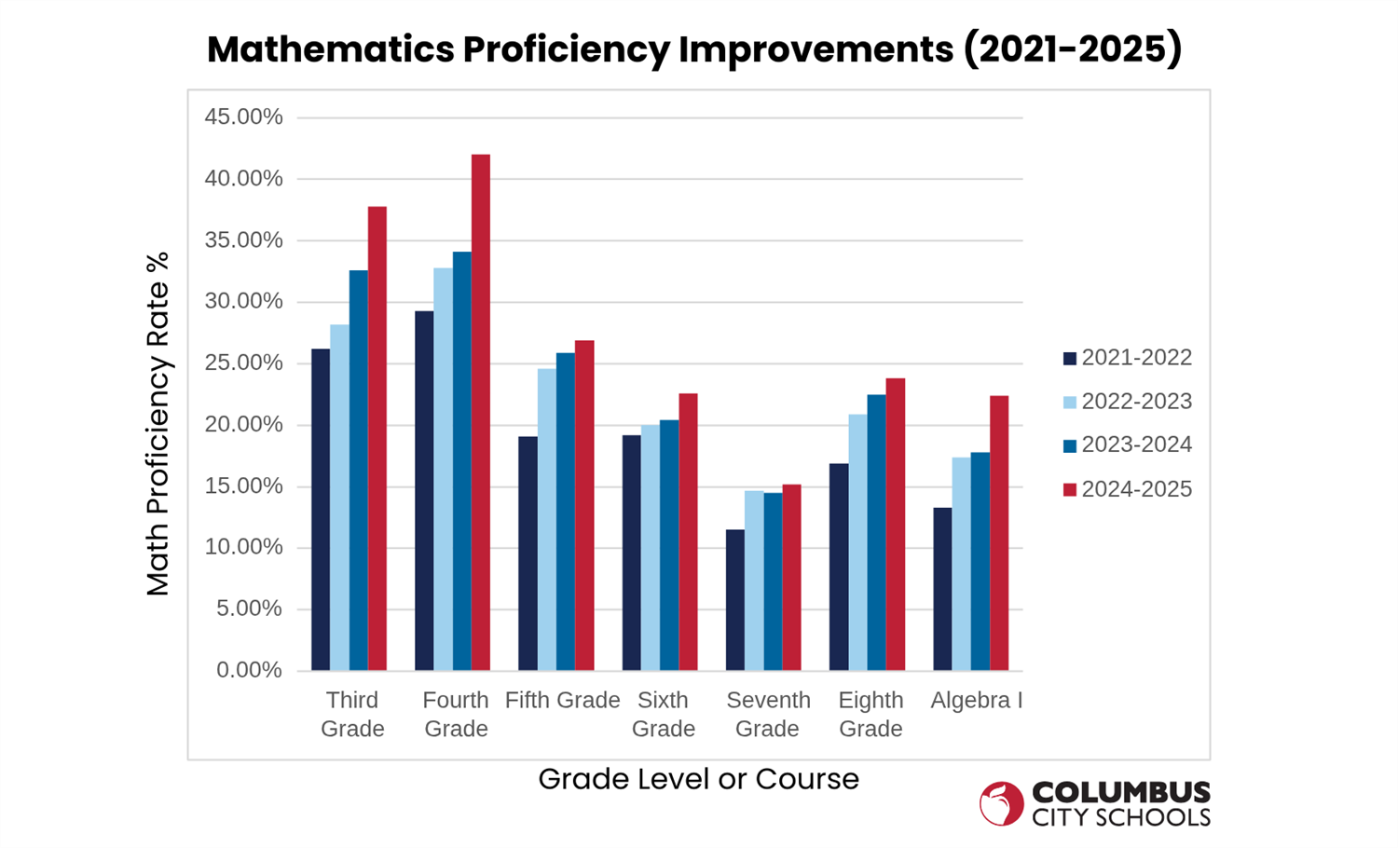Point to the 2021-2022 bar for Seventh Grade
[x=735, y=600]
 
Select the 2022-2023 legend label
[x=1136, y=402]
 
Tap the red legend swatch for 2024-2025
[x=1070, y=490]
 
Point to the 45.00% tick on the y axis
[x=243, y=117]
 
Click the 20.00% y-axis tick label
[x=243, y=425]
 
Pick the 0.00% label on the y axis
[x=249, y=670]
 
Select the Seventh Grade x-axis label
[x=768, y=714]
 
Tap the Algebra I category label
[x=976, y=701]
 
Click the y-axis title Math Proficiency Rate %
[x=158, y=424]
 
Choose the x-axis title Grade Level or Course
[x=698, y=779]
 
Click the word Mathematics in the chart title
[x=331, y=49]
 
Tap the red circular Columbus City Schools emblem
[x=1001, y=803]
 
